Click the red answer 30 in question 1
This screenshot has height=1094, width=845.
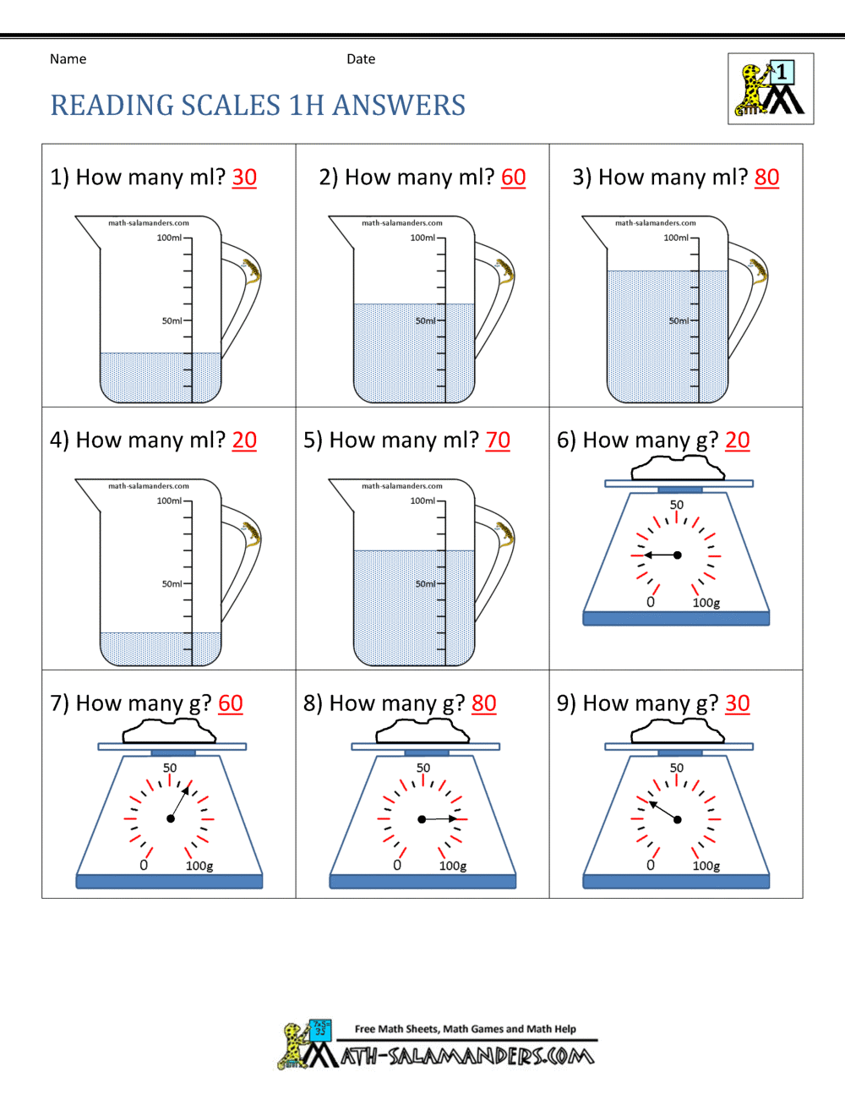pyautogui.click(x=244, y=178)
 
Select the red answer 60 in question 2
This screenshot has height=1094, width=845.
pyautogui.click(x=513, y=178)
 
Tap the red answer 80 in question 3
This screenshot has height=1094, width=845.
pyautogui.click(x=766, y=178)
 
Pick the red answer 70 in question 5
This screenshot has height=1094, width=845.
pyautogui.click(x=498, y=440)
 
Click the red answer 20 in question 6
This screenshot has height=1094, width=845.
pyautogui.click(x=737, y=440)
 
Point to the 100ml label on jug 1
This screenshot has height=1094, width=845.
pyautogui.click(x=169, y=238)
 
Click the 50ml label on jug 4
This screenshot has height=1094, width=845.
pyautogui.click(x=172, y=584)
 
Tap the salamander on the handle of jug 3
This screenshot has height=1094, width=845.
pyautogui.click(x=757, y=270)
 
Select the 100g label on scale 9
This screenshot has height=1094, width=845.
pyautogui.click(x=706, y=866)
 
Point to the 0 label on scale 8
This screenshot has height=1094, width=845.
pyautogui.click(x=397, y=865)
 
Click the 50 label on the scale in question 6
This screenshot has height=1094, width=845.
pyautogui.click(x=677, y=505)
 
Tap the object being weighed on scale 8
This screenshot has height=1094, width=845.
pyautogui.click(x=423, y=732)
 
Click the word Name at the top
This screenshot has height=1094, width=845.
pyautogui.click(x=68, y=59)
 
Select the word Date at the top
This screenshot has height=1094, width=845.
pyautogui.click(x=361, y=59)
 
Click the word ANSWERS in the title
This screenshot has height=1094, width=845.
pyautogui.click(x=399, y=106)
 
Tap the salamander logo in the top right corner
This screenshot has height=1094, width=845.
pyautogui.click(x=771, y=89)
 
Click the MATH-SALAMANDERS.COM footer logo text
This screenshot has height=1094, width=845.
pyautogui.click(x=467, y=1056)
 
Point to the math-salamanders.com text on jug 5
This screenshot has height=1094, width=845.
pyautogui.click(x=402, y=486)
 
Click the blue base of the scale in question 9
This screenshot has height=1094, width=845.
pyautogui.click(x=676, y=882)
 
